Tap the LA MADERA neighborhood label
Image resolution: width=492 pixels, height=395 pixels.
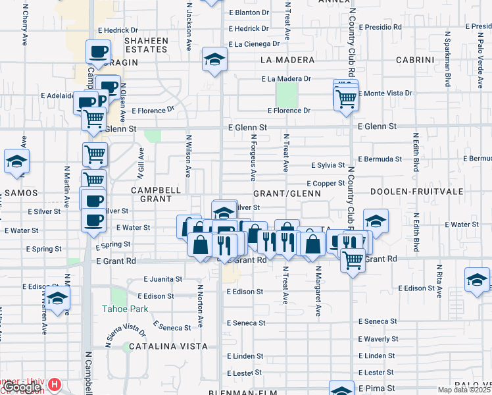[287, 60]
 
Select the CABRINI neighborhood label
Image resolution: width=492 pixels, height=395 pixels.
[415, 60]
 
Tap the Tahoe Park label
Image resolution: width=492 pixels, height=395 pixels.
[125, 308]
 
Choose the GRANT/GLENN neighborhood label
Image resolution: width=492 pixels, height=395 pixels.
[286, 194]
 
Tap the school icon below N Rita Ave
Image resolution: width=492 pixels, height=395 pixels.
[476, 279]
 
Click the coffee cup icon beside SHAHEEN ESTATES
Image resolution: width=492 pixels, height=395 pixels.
[99, 51]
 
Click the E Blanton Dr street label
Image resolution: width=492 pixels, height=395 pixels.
[249, 13]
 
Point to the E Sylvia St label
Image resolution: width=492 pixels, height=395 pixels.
[328, 165]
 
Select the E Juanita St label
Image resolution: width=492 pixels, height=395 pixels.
[162, 279]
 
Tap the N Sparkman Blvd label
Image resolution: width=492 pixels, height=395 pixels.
[448, 59]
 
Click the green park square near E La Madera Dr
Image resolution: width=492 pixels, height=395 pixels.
[286, 96]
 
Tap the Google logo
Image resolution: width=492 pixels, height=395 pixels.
[21, 387]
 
